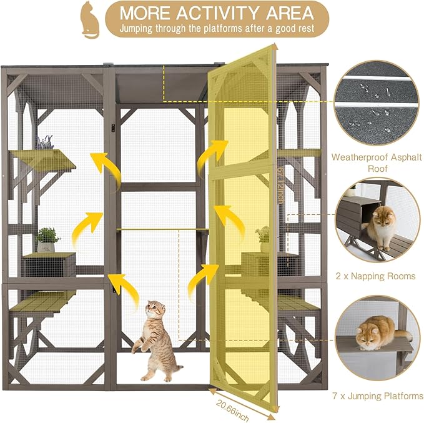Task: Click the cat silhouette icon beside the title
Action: click(89, 19)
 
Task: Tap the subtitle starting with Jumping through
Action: click(216, 28)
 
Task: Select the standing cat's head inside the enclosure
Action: click(155, 311)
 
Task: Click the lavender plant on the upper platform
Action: click(45, 143)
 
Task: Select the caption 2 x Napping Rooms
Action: click(375, 276)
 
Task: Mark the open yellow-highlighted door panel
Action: click(244, 219)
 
